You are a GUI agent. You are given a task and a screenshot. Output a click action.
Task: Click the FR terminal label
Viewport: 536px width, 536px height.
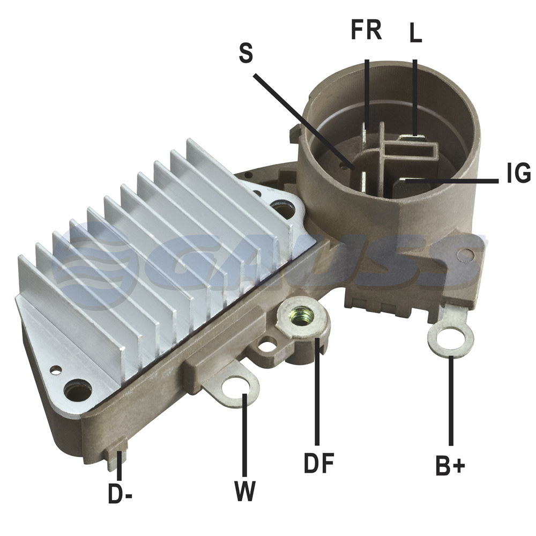point(366,30)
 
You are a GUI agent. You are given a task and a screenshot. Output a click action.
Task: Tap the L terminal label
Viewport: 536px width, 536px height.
point(416,33)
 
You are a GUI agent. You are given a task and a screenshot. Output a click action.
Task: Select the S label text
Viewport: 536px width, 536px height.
point(246,53)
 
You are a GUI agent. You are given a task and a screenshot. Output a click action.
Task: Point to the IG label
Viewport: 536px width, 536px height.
point(518,173)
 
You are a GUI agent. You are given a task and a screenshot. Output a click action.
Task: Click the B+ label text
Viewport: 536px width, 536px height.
point(450,465)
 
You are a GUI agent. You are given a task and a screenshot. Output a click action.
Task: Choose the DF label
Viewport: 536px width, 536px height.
point(319,463)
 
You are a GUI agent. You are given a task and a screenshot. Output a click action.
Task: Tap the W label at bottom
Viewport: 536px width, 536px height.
point(245,491)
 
